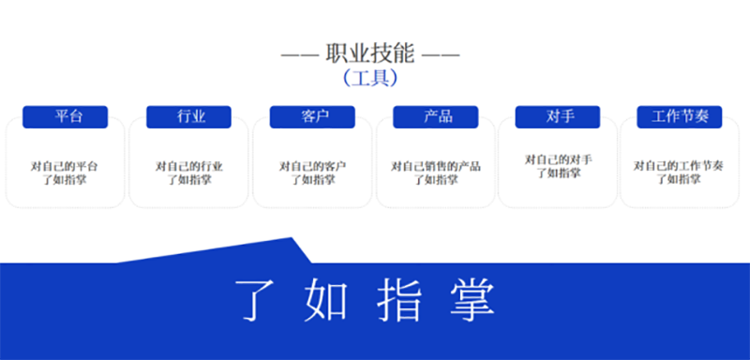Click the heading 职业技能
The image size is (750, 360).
point(369,53)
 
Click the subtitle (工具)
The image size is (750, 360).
point(369,78)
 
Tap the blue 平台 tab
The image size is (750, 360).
point(66,116)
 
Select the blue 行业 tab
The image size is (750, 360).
point(189,116)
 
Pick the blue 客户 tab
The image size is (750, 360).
point(313,116)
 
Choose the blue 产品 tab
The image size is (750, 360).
point(437,116)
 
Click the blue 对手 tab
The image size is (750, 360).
point(559,116)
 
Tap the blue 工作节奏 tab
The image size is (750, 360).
point(680,116)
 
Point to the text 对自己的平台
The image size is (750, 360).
point(65,166)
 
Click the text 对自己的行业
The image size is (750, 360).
point(189,166)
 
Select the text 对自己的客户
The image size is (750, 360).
point(313,166)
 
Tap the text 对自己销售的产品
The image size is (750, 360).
point(436,166)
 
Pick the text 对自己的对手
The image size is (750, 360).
point(559,159)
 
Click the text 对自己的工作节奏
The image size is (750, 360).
point(679,166)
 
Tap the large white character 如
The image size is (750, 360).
point(327,299)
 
